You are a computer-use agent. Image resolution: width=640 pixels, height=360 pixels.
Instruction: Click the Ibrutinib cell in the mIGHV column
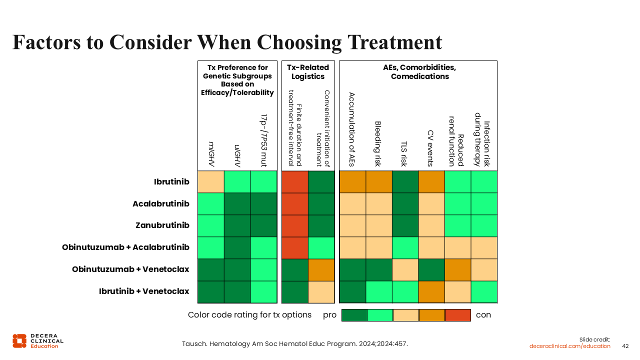[210, 181]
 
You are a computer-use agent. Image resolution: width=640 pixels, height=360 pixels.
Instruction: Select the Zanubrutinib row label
[162, 225]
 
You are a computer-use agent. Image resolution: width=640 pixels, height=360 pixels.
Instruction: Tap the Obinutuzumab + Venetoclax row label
[130, 269]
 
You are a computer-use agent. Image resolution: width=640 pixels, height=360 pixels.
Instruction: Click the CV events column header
[430, 148]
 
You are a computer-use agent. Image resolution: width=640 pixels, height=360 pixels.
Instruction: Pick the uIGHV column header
[237, 155]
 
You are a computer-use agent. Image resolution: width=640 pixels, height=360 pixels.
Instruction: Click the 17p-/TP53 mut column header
[264, 140]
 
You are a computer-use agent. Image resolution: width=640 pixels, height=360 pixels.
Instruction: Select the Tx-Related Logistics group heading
[308, 72]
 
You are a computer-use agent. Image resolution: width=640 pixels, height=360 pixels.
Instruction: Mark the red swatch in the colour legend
[458, 315]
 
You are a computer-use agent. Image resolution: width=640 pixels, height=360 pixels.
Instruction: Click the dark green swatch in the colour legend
[354, 315]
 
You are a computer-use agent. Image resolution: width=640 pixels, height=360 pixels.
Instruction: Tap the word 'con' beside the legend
[483, 315]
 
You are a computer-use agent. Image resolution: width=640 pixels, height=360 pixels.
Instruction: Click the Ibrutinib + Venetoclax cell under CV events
[431, 291]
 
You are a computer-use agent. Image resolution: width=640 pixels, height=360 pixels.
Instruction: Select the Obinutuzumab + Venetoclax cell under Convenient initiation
[321, 269]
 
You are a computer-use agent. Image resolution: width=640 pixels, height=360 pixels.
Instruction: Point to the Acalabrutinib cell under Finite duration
[294, 203]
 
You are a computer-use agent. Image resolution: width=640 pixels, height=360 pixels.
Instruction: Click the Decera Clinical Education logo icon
[19, 340]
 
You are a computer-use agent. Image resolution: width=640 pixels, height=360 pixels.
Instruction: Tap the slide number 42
[625, 346]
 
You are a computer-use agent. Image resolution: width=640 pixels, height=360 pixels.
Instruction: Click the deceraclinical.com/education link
[570, 346]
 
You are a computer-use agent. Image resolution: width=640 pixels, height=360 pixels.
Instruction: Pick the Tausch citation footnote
[294, 344]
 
